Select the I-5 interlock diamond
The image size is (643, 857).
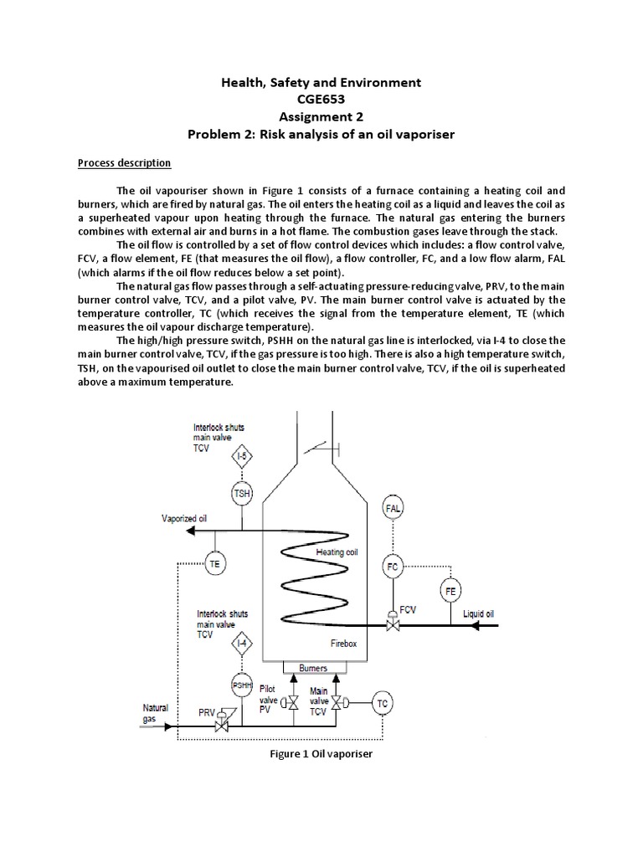tap(241, 457)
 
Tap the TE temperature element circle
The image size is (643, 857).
tap(215, 564)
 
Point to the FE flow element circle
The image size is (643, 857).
tap(450, 590)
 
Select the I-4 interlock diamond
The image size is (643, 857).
tap(241, 644)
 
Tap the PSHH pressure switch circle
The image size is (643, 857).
tap(241, 684)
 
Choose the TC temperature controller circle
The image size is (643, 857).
tap(382, 702)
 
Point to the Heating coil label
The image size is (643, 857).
tap(337, 552)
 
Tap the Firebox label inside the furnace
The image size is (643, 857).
tap(343, 642)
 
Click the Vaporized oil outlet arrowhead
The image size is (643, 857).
tap(190, 531)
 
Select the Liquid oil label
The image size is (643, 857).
tap(479, 613)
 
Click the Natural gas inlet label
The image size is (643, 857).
tap(155, 713)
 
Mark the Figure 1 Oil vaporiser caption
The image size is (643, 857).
tap(321, 754)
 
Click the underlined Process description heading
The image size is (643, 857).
tap(131, 162)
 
